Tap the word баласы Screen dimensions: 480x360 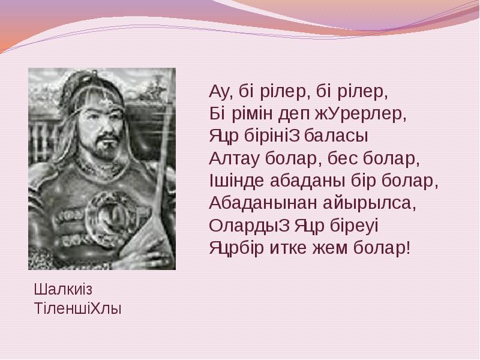336,136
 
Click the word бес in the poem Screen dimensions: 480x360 343,158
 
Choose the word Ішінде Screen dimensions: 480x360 236,181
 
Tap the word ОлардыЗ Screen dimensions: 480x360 249,226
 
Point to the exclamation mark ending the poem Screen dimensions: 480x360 407,247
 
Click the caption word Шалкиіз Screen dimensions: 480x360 63,289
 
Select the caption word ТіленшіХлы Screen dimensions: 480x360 78,308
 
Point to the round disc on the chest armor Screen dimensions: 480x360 110,218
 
